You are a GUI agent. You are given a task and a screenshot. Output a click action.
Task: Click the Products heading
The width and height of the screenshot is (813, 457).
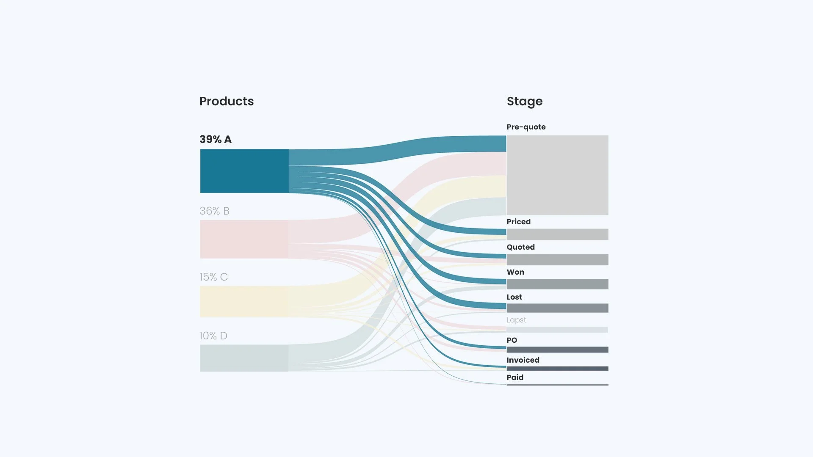tap(227, 101)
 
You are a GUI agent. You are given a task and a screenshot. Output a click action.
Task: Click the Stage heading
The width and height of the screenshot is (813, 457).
tap(524, 102)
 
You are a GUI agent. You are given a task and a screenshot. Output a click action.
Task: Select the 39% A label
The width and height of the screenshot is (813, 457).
tap(216, 140)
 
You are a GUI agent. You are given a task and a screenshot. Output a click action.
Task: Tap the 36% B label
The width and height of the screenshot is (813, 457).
tap(214, 211)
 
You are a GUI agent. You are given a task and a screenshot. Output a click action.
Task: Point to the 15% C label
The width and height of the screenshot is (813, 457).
tap(213, 277)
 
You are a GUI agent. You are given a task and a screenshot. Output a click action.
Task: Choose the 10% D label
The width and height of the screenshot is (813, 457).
tap(213, 336)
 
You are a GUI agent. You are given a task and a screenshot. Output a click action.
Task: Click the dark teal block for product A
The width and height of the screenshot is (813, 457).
tap(244, 171)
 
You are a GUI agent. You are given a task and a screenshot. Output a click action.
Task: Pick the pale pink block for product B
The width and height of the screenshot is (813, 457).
tap(244, 239)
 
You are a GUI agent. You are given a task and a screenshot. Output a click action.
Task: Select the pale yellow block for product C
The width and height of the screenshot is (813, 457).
tap(244, 301)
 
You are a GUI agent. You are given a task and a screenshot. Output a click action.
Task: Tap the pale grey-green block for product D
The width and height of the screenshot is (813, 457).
tap(244, 358)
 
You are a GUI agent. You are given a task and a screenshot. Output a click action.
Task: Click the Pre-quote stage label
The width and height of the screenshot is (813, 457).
tap(526, 127)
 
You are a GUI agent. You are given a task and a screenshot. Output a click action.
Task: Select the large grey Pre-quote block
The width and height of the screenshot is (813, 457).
tap(557, 175)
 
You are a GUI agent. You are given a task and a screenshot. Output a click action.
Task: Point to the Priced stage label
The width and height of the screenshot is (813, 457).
tap(518, 222)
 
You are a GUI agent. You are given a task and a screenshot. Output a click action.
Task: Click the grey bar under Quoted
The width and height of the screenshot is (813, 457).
tap(557, 259)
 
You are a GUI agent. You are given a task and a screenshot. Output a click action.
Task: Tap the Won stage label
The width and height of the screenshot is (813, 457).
tap(515, 272)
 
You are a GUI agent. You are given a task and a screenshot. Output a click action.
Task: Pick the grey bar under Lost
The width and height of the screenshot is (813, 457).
tap(557, 308)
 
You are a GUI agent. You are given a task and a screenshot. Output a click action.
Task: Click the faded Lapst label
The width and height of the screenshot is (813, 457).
tap(516, 320)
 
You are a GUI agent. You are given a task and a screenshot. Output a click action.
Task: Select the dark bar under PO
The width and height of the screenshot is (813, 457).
tap(557, 350)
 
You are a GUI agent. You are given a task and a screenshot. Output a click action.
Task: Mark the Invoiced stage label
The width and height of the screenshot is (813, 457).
tap(523, 360)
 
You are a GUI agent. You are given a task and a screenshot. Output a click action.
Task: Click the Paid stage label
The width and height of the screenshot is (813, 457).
tap(515, 377)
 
